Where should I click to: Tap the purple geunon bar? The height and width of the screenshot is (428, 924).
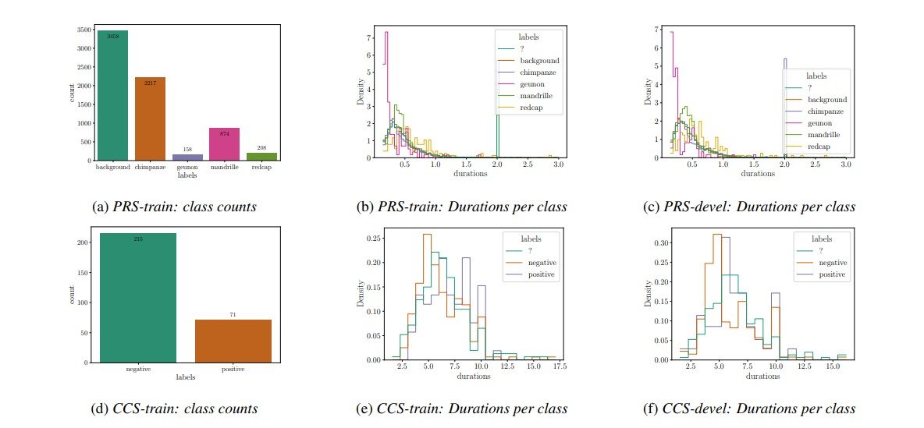[x=187, y=157]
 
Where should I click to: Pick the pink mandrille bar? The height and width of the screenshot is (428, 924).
[x=225, y=144]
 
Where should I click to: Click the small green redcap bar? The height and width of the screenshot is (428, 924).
[x=262, y=156]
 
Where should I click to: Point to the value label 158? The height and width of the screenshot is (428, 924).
[x=187, y=150]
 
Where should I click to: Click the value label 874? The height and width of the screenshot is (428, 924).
[x=225, y=133]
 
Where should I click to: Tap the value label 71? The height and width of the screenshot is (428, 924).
[x=233, y=315]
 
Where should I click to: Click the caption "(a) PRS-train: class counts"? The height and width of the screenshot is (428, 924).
[x=175, y=207]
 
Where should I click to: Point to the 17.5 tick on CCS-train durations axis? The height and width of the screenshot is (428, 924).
[x=555, y=366]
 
